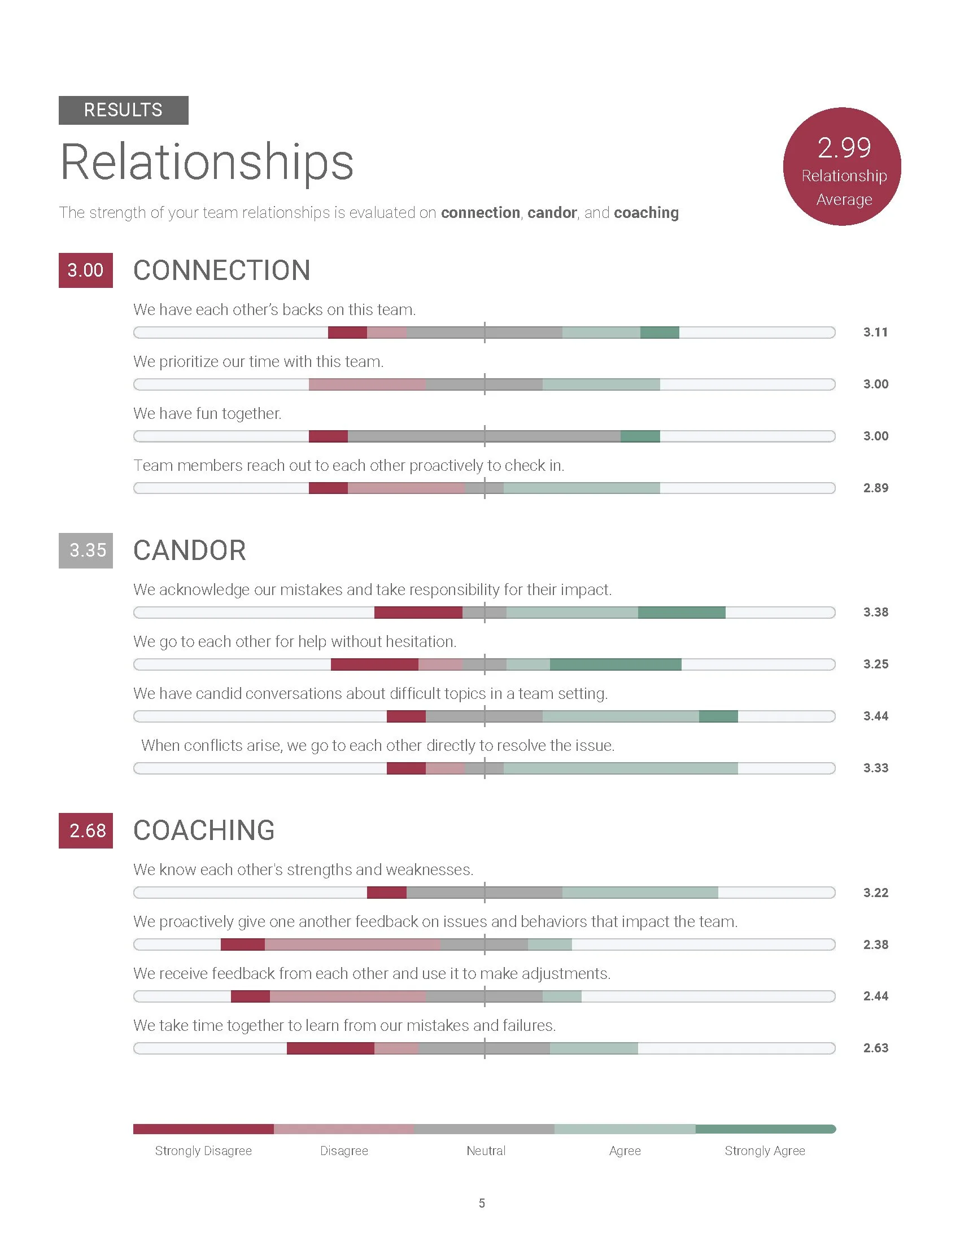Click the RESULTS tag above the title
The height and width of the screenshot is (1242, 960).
[x=123, y=110]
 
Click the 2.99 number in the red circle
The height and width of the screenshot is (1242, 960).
[x=844, y=148]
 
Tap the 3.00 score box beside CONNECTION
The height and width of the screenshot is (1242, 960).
[x=85, y=270]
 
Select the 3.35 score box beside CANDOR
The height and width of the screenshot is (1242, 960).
[x=85, y=550]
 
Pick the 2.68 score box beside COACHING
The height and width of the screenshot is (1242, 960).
[x=85, y=831]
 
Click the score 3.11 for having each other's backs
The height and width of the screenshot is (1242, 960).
[x=875, y=332]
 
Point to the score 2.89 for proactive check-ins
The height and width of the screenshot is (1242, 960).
[x=875, y=488]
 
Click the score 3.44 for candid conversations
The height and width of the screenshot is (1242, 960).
[x=875, y=716]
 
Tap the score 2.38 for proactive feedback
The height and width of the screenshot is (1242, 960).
[x=875, y=944]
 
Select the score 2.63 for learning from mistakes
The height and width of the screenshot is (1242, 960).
[x=875, y=1048]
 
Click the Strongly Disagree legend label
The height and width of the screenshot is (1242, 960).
[x=203, y=1151]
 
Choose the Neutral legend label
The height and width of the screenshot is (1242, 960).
[x=486, y=1151]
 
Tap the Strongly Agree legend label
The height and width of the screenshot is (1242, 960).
[x=765, y=1151]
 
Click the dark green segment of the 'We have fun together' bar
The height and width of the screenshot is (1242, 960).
[x=640, y=436]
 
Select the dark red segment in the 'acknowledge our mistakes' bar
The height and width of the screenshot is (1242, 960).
[x=418, y=613]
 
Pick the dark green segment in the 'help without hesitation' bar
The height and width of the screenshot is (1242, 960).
[x=616, y=664]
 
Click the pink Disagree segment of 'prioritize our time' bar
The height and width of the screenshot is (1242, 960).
[x=367, y=384]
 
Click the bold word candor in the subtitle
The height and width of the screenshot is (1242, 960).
[x=552, y=213]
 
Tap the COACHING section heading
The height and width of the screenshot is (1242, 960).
[x=204, y=830]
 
